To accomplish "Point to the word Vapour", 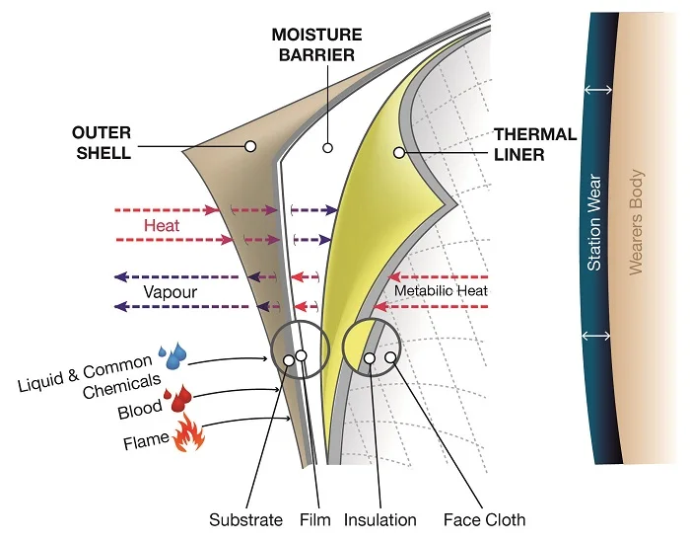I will click(x=170, y=292).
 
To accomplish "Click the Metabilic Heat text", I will click(x=441, y=291).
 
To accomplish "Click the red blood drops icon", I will click(x=180, y=399).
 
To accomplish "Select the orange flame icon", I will click(x=187, y=433).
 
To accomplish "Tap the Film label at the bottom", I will click(x=313, y=519).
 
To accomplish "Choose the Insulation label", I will click(x=379, y=519).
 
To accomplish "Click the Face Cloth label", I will click(x=484, y=519).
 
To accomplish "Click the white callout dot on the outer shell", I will click(x=250, y=146).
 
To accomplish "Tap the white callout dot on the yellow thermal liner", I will click(x=399, y=152).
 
